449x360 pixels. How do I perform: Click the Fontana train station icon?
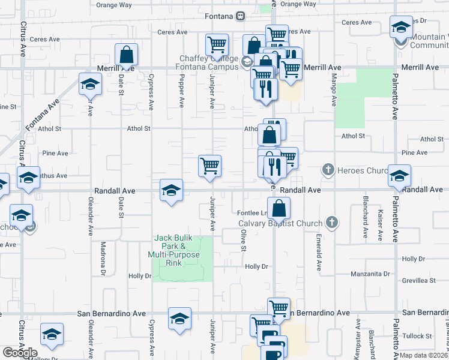click(x=240, y=16)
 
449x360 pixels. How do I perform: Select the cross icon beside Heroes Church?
click(x=328, y=170)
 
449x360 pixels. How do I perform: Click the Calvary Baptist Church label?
click(x=280, y=224)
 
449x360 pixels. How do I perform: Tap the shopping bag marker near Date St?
click(x=127, y=55)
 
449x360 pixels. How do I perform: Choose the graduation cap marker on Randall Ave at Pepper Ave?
click(x=171, y=191)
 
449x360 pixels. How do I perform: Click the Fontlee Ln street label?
click(x=252, y=213)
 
